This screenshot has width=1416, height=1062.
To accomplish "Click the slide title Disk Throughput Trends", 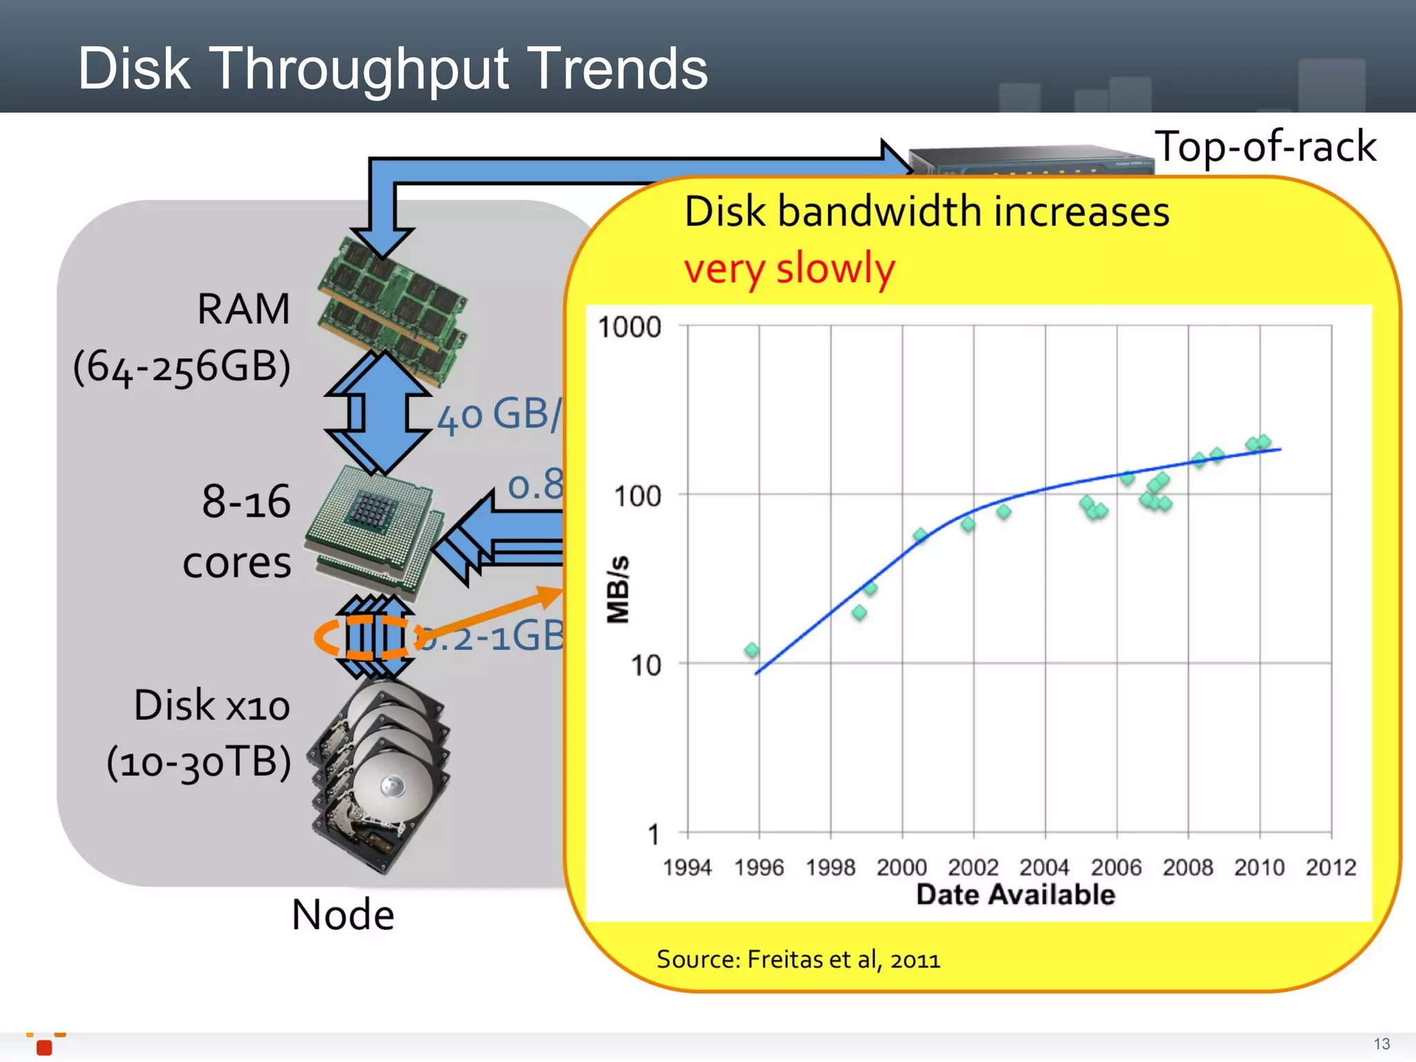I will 393,69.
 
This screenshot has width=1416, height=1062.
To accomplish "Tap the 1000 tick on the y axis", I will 629,327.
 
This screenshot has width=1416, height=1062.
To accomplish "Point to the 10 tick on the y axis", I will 645,665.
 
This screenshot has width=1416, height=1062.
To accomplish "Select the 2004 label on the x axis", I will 1044,867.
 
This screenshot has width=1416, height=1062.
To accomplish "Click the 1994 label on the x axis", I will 687,867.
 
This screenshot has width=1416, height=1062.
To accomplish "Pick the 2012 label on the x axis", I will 1330,867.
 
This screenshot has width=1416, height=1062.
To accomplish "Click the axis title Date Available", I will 1015,895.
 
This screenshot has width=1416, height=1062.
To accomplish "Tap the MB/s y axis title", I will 617,589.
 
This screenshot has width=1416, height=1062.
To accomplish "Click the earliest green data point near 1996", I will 752,650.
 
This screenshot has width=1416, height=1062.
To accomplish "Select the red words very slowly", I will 790,268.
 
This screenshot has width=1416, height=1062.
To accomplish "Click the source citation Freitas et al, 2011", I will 798,960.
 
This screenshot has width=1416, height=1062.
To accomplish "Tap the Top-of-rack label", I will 1265,147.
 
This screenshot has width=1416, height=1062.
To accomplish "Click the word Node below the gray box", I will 342,915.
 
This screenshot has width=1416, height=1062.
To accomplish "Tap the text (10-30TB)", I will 199,762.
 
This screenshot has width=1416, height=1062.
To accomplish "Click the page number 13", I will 1381,1043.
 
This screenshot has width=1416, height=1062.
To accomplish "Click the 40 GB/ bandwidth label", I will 499,416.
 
